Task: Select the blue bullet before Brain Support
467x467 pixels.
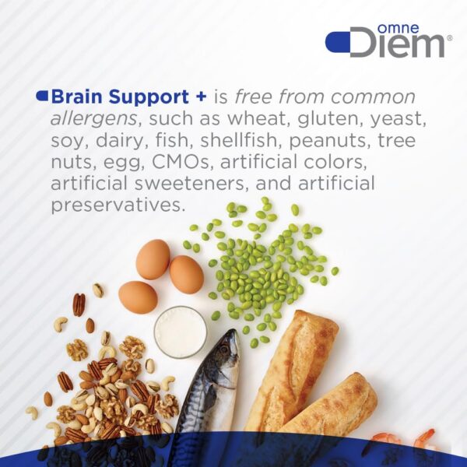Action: (x=42, y=97)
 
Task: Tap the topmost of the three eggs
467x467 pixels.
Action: (x=153, y=259)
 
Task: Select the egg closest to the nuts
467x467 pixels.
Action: (x=138, y=297)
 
